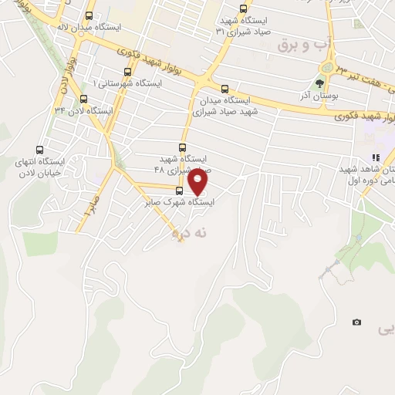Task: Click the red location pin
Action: (199, 182)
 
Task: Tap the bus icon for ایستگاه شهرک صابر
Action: (180, 191)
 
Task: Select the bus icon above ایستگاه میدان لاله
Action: (89, 15)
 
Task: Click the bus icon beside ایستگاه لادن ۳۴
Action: (83, 99)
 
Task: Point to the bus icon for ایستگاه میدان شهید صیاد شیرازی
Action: (225, 89)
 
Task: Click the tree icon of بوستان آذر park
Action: (319, 83)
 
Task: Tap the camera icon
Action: (356, 322)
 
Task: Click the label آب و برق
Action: (305, 47)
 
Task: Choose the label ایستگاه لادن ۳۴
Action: (83, 111)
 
